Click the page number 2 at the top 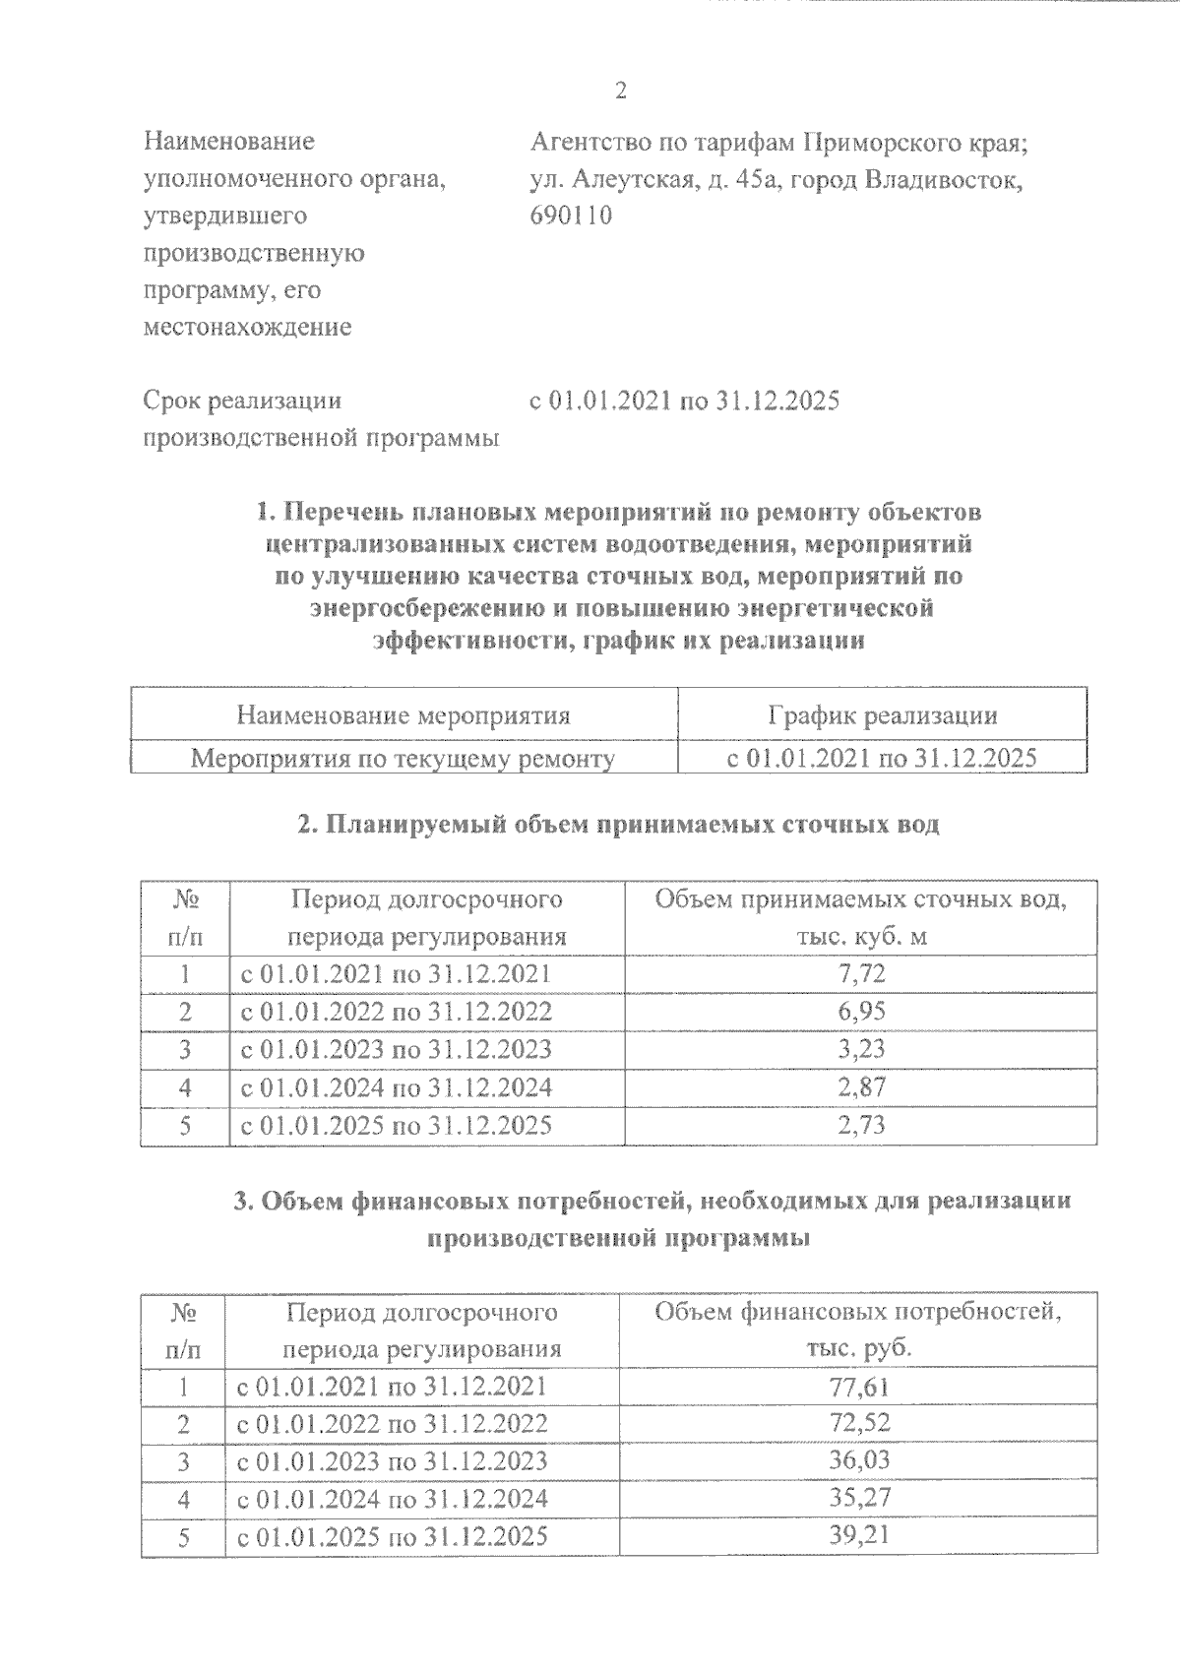[x=620, y=92]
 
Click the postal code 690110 [x=571, y=216]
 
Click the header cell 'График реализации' [x=882, y=715]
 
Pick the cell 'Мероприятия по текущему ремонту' [x=403, y=759]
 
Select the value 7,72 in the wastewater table [x=861, y=974]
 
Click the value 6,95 [x=861, y=1012]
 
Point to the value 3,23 [x=861, y=1049]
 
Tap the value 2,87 [x=861, y=1087]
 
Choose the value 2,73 [x=861, y=1125]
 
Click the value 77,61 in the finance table [x=859, y=1388]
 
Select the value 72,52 [x=859, y=1425]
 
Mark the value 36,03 [x=859, y=1461]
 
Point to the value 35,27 [x=859, y=1500]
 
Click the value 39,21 [x=859, y=1536]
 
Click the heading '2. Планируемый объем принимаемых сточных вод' [x=618, y=825]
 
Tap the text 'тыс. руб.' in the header [x=858, y=1348]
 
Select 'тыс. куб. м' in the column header [x=861, y=936]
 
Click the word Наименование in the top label [x=228, y=142]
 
